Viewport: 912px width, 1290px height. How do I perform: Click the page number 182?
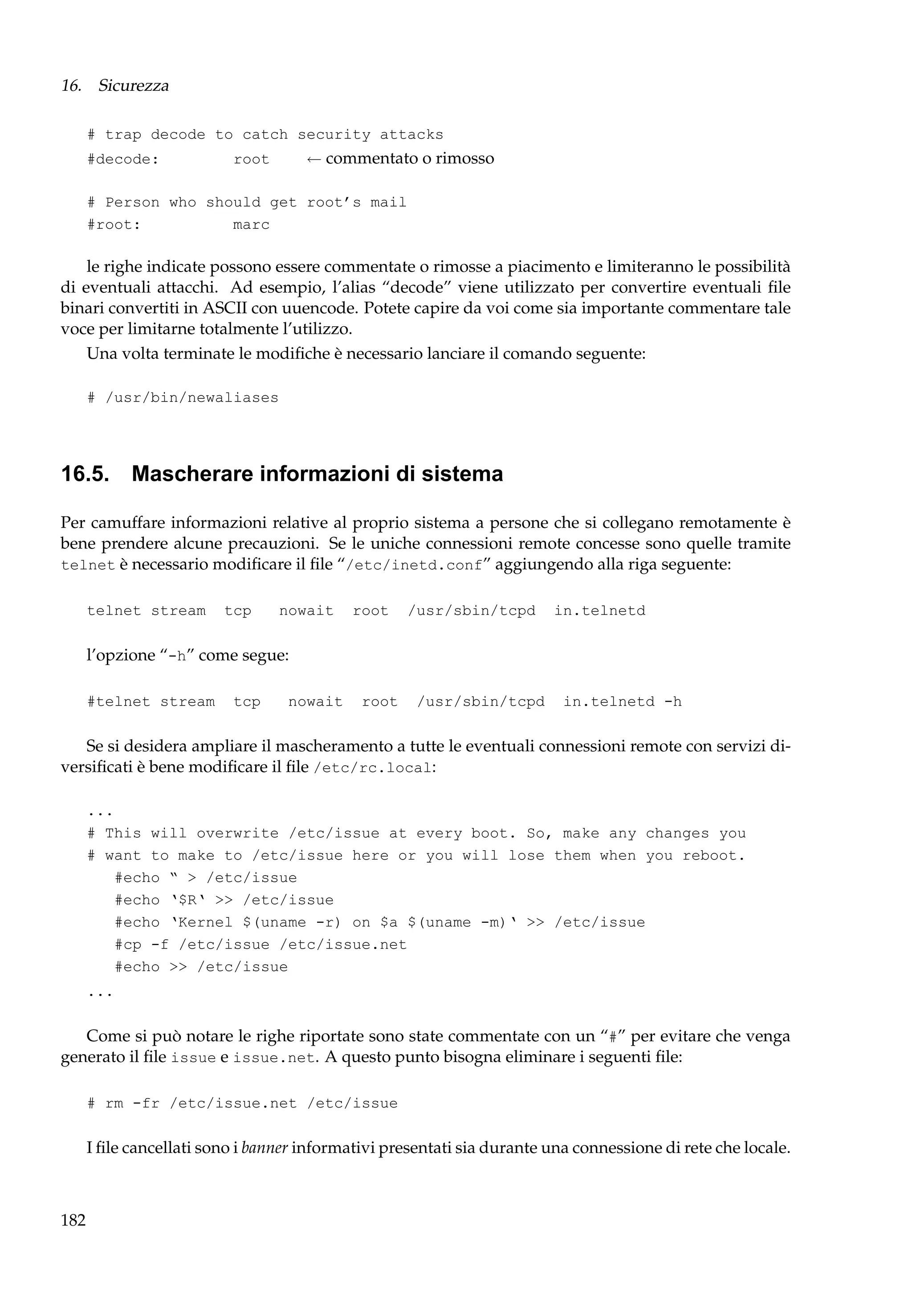coord(73,1220)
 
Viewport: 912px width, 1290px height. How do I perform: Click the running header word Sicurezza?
coord(133,85)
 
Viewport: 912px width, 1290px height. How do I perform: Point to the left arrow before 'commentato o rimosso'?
coord(313,159)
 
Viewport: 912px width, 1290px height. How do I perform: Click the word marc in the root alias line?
coord(251,225)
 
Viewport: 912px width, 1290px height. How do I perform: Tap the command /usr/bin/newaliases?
coord(191,398)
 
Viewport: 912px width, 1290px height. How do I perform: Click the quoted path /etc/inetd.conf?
coord(415,565)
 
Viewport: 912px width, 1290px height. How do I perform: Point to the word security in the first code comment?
coord(334,135)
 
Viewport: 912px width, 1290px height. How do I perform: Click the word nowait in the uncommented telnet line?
coord(306,611)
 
